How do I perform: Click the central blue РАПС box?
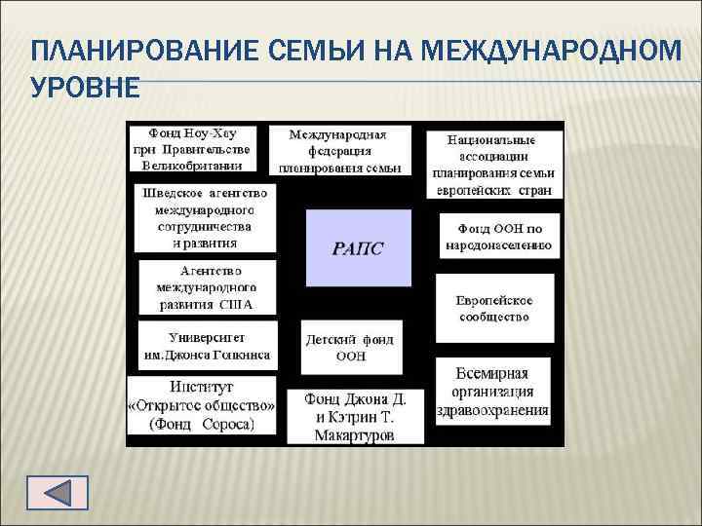358,247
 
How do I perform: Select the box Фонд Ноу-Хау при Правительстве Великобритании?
191,149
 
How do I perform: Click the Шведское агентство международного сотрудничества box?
205,218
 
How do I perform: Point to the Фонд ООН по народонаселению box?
499,237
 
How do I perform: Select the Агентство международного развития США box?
205,286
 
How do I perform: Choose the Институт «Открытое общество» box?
203,404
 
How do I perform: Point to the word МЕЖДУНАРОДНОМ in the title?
547,51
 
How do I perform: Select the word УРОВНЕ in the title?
85,88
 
